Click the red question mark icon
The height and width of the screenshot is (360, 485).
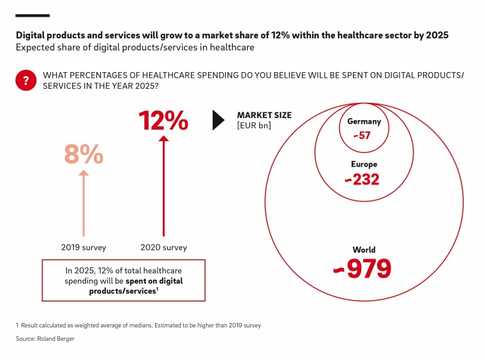point(26,80)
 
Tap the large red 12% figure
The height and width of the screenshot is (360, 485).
point(163,121)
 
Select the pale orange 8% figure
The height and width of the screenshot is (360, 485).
point(84,154)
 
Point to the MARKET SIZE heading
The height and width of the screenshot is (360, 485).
point(264,116)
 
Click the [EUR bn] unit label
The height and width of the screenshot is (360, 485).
point(254,126)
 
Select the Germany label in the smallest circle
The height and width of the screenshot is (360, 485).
point(364,121)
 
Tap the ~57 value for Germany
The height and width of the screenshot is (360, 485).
point(363,135)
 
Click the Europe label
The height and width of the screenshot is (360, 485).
point(364,165)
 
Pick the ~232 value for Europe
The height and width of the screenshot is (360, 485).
point(362,180)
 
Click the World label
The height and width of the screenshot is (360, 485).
point(364,250)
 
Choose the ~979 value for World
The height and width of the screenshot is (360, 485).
point(362,269)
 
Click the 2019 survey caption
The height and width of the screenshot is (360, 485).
point(83,248)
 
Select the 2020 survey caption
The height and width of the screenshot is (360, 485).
point(163,248)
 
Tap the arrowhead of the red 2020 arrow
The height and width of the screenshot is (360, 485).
point(163,139)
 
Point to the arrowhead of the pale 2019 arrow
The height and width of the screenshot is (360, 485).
point(83,173)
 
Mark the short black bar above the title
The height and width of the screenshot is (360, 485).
point(33,15)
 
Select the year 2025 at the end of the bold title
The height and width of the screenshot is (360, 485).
point(435,35)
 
